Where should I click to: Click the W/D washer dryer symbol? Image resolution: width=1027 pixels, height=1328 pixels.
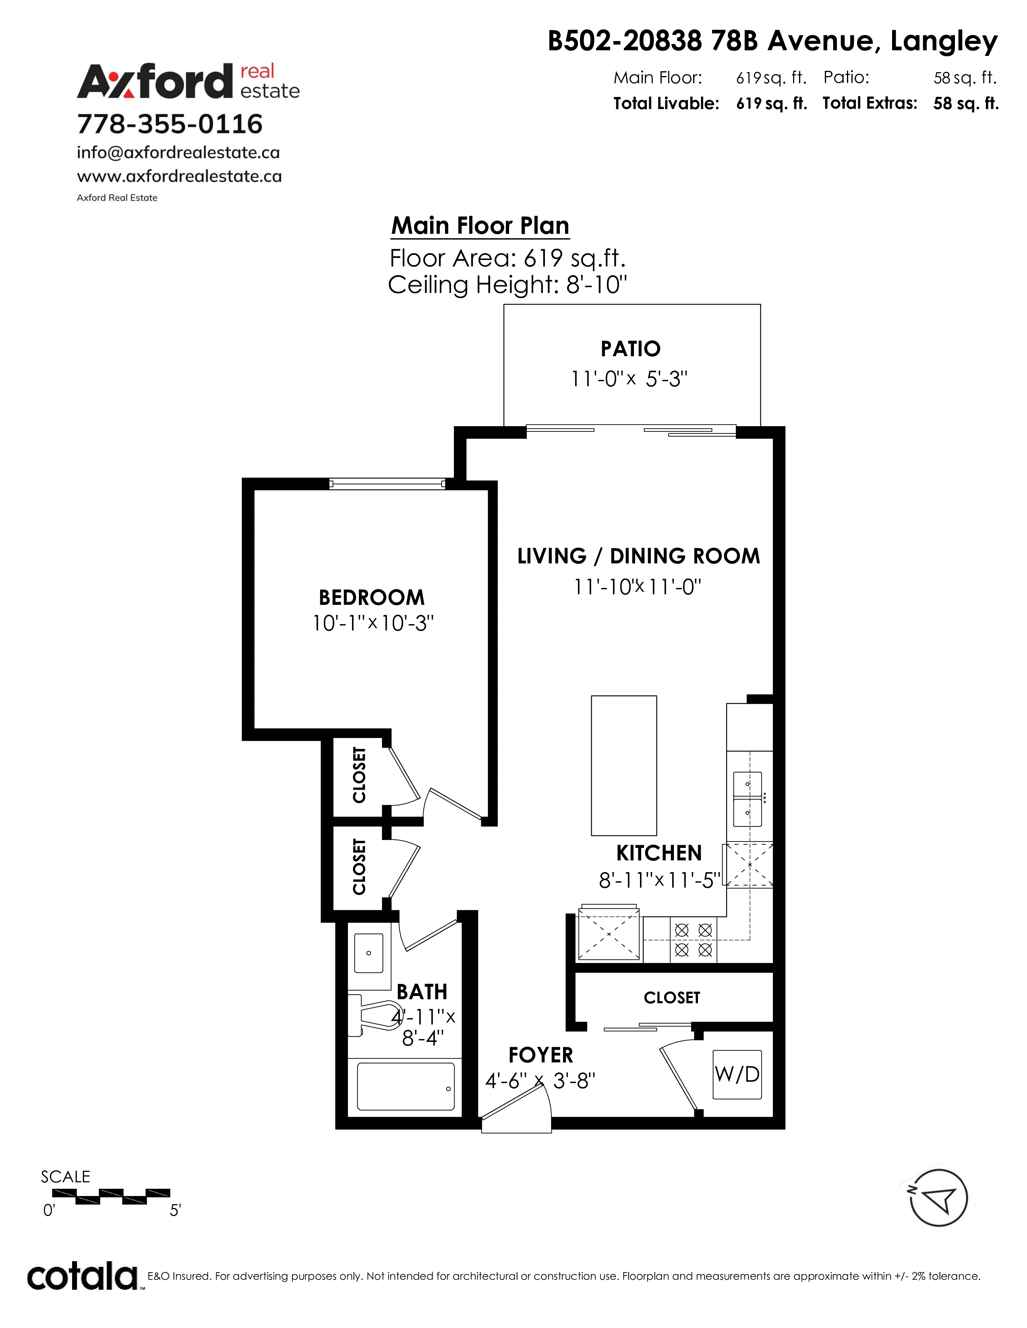(x=737, y=1074)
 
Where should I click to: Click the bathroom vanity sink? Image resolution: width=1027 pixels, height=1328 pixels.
(x=368, y=953)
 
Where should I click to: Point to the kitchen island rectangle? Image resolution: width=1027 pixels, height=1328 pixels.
(x=623, y=765)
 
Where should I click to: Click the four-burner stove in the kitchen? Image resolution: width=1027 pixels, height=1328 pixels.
(x=694, y=939)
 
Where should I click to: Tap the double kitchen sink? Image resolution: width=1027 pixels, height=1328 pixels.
(x=748, y=799)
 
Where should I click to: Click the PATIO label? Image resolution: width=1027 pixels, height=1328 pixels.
(x=630, y=349)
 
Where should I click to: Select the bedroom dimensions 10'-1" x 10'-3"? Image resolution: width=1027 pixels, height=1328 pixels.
(x=373, y=623)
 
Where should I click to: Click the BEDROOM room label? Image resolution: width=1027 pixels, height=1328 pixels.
(x=372, y=598)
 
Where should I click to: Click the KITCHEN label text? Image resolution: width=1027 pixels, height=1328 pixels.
(x=659, y=853)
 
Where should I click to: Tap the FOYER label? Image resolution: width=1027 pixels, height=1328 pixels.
(x=541, y=1055)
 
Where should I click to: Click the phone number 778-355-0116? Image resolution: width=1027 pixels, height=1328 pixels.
(x=170, y=124)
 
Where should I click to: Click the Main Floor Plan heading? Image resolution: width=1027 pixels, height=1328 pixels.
(x=480, y=226)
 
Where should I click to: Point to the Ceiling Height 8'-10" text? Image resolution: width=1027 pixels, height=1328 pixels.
(x=507, y=285)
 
